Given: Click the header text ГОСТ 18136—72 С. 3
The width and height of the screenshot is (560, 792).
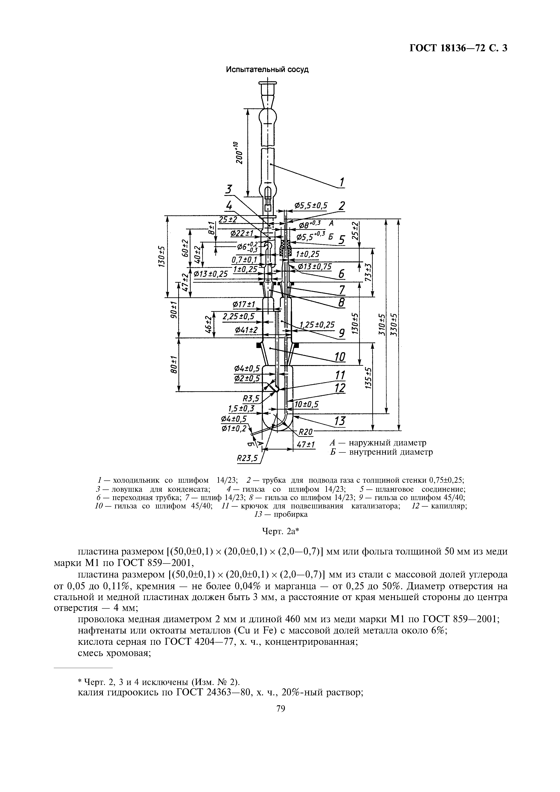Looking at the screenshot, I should [x=458, y=48].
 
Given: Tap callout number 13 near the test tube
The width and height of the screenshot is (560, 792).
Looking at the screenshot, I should [x=340, y=421].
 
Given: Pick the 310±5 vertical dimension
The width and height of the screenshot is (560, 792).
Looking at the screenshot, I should [x=381, y=325].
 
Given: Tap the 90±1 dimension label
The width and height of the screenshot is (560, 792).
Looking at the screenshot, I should [x=174, y=310].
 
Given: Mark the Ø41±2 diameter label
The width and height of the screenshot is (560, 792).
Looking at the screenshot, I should [x=246, y=330].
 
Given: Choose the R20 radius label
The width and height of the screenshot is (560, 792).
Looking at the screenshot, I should [x=305, y=431].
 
